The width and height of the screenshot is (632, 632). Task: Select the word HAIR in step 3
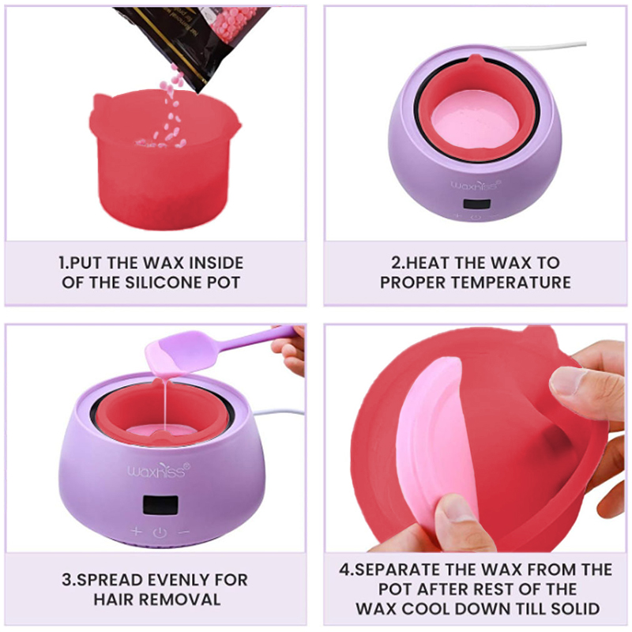click(x=114, y=600)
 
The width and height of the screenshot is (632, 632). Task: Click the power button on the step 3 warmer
click(x=160, y=532)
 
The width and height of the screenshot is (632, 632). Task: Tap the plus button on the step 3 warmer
click(x=136, y=531)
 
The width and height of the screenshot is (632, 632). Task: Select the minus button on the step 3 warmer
click(x=184, y=532)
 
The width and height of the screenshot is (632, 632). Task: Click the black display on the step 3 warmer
click(x=160, y=505)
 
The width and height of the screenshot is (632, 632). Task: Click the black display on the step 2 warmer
click(x=476, y=204)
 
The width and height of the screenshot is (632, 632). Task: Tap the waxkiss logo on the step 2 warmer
click(x=476, y=185)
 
